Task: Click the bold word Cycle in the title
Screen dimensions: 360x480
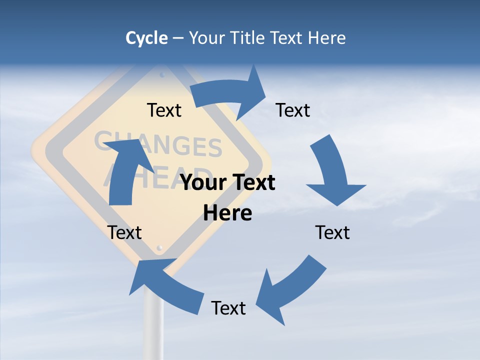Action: pyautogui.click(x=146, y=38)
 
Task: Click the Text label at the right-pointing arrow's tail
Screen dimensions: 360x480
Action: pyautogui.click(x=164, y=110)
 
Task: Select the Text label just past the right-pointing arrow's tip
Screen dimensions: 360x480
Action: pyautogui.click(x=293, y=110)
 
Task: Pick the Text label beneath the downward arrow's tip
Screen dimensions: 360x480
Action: pyautogui.click(x=332, y=232)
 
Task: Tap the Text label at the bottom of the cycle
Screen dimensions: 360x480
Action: pyautogui.click(x=228, y=308)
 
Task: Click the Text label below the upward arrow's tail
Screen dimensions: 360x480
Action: pyautogui.click(x=124, y=232)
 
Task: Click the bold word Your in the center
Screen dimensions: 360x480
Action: pyautogui.click(x=204, y=183)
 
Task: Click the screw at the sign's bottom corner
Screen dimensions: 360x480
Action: pyautogui.click(x=160, y=247)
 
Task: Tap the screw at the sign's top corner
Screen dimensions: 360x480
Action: pyautogui.click(x=162, y=75)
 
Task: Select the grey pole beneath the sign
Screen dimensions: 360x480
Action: pyautogui.click(x=153, y=320)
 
